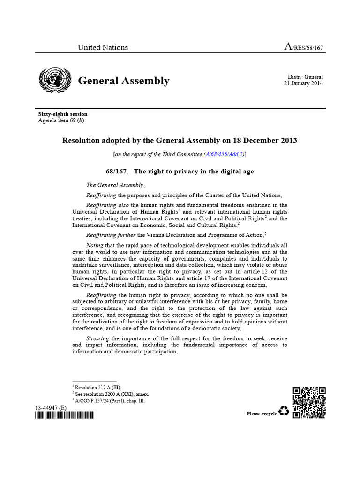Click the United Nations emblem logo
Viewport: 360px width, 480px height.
point(55,79)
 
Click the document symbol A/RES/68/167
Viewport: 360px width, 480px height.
point(304,47)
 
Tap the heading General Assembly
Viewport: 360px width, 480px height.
point(124,81)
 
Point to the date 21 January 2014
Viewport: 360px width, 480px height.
point(303,83)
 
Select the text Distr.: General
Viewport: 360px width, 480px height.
point(305,77)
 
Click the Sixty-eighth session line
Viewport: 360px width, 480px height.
point(62,114)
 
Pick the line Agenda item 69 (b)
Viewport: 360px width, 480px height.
point(61,120)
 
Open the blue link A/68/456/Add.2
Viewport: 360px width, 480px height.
point(224,154)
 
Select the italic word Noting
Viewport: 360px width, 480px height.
point(96,245)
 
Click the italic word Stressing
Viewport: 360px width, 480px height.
point(98,338)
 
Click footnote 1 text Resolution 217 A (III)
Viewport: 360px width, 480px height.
point(97,387)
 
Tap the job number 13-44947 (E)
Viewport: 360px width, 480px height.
point(51,408)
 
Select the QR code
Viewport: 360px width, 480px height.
point(309,403)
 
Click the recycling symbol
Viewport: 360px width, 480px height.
point(284,412)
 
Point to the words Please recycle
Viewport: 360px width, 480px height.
point(262,413)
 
